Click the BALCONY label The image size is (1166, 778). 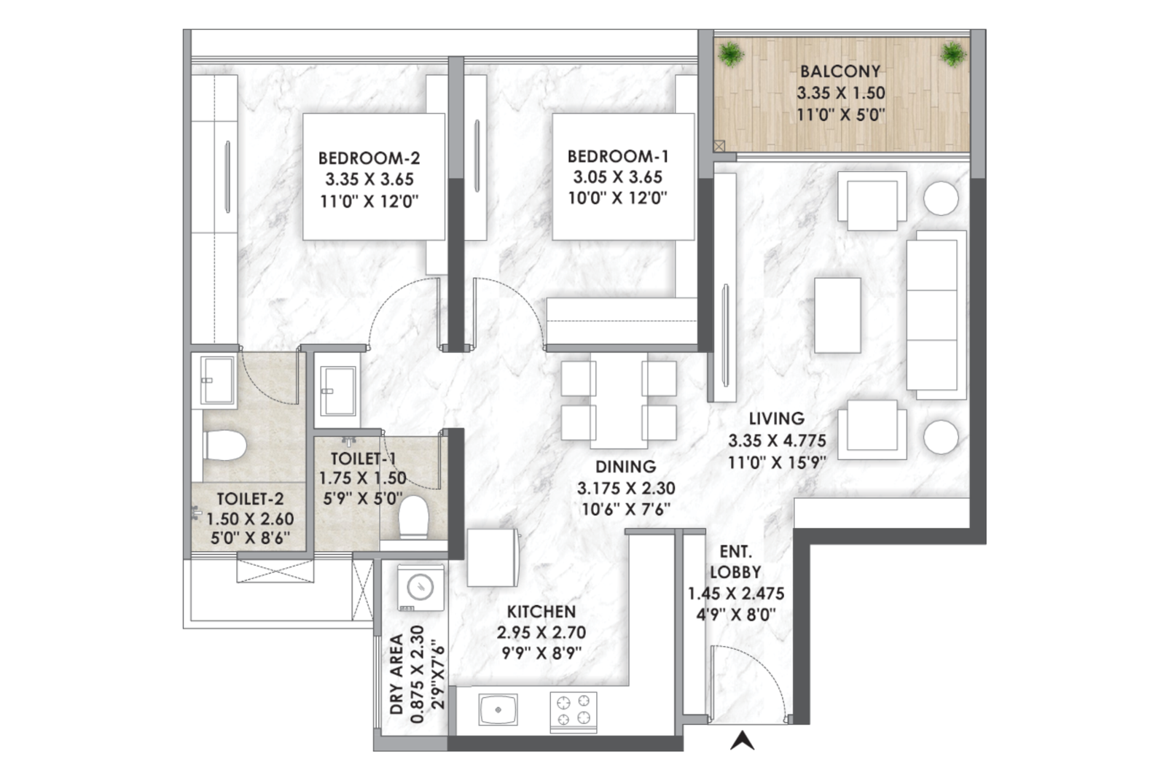[x=840, y=71]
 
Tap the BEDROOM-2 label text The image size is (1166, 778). [x=369, y=157]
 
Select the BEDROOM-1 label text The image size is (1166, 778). [x=618, y=156]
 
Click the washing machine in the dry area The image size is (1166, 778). [x=420, y=588]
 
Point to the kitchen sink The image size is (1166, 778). [x=498, y=709]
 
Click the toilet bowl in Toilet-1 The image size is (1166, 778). [x=414, y=517]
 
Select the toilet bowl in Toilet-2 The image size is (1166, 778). [x=224, y=446]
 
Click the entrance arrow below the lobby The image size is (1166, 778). [x=743, y=741]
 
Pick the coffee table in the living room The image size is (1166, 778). [x=837, y=316]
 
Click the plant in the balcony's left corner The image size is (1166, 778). [x=731, y=54]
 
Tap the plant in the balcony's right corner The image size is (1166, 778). [x=953, y=54]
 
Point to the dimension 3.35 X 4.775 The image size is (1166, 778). [x=777, y=440]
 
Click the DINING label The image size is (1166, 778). [x=626, y=467]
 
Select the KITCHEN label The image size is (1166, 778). [x=541, y=611]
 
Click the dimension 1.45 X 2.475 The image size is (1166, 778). [x=735, y=593]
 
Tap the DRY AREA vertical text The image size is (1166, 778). [x=396, y=674]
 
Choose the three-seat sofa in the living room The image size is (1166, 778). [x=936, y=315]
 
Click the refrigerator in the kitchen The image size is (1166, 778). [x=493, y=558]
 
